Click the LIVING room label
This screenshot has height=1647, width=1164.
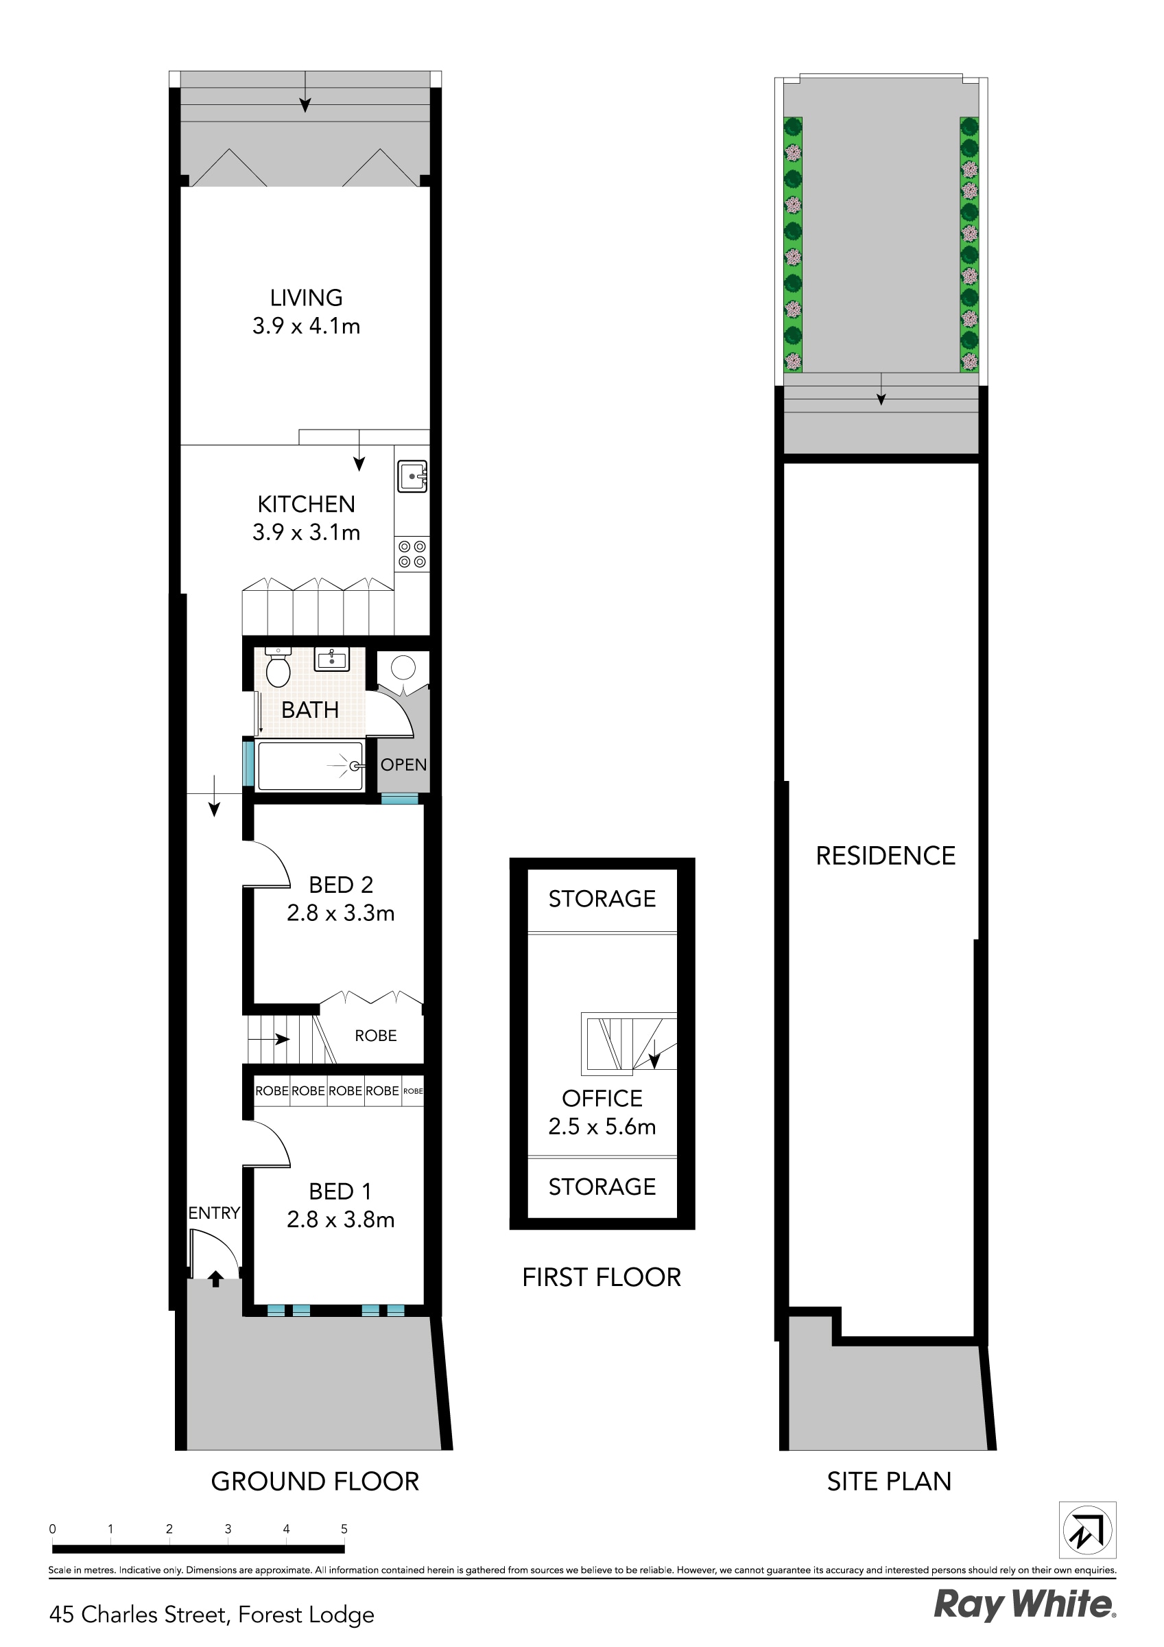(x=306, y=298)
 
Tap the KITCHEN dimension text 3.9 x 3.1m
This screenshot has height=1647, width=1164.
(x=306, y=533)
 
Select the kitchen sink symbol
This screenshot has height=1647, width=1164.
(x=412, y=476)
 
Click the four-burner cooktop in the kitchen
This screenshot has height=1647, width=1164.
(x=412, y=554)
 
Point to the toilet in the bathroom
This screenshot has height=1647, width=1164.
(x=278, y=668)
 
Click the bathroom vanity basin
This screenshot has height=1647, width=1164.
(x=333, y=659)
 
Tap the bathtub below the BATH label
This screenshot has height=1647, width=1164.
(x=310, y=766)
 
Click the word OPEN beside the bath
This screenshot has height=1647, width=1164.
(x=404, y=764)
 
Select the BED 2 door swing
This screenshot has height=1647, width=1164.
(x=267, y=865)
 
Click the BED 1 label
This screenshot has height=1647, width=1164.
(x=341, y=1191)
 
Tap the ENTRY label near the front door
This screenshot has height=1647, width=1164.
(x=214, y=1213)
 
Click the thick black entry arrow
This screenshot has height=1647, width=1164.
(x=215, y=1278)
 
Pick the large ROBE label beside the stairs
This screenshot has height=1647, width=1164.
(x=376, y=1036)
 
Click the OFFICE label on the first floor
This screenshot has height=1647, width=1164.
(x=602, y=1098)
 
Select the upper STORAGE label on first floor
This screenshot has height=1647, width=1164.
(x=602, y=899)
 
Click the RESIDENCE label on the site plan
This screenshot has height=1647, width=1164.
(x=886, y=856)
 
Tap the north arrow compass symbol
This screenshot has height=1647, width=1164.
(x=1087, y=1530)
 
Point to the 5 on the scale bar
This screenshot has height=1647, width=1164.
(x=344, y=1529)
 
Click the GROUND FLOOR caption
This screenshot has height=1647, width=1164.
(x=315, y=1482)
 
